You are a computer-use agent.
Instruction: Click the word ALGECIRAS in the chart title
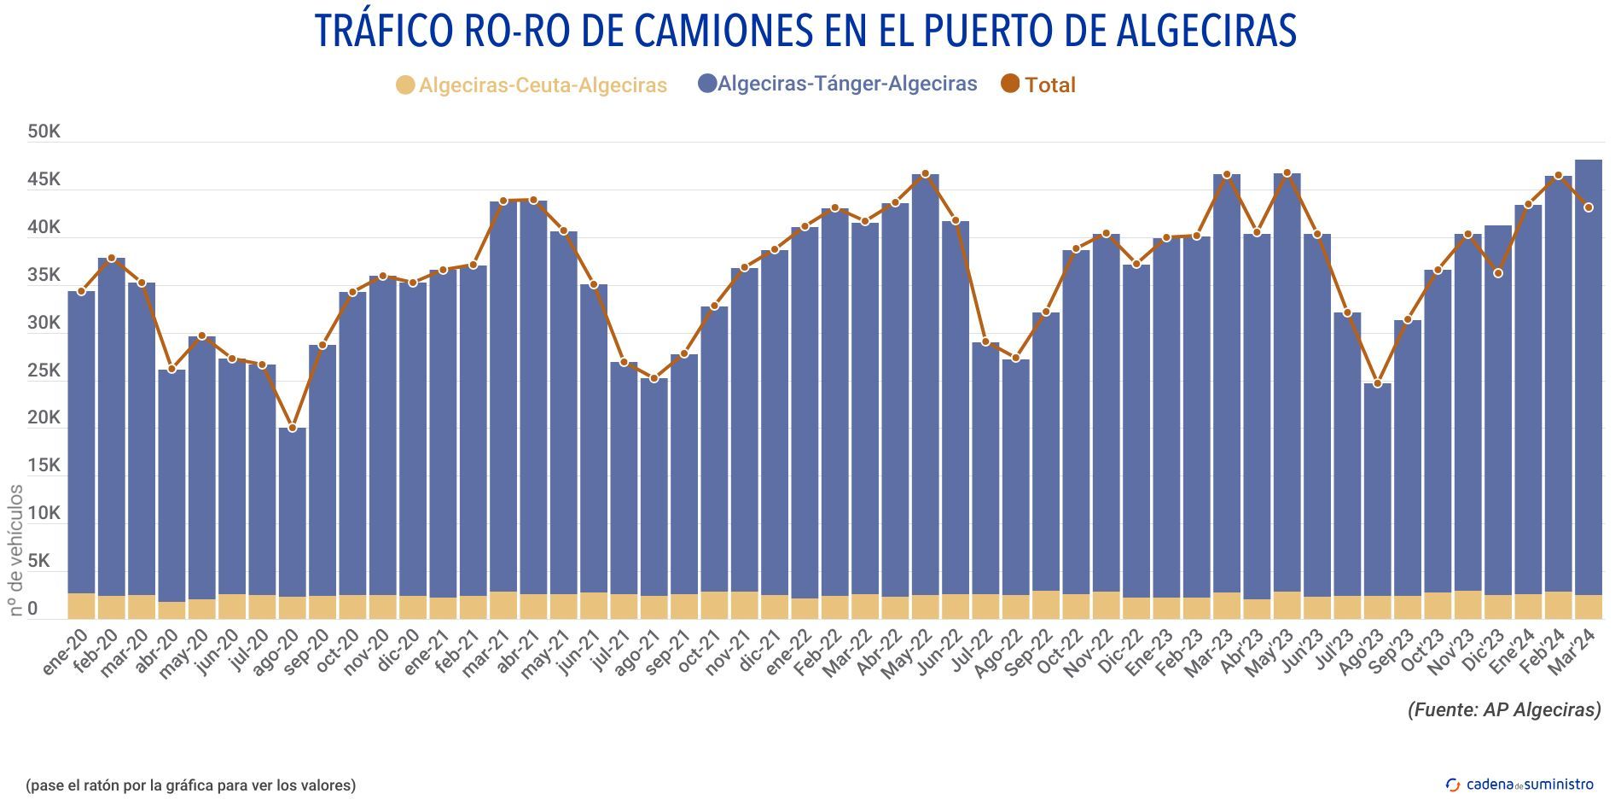[x=1206, y=31]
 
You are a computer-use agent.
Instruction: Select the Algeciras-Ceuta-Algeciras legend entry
[x=532, y=85]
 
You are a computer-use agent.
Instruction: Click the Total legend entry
[x=1038, y=85]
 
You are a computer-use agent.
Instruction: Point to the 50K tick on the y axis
[x=44, y=131]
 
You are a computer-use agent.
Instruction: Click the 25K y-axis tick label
[x=44, y=371]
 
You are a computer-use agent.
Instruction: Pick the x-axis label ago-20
[x=276, y=653]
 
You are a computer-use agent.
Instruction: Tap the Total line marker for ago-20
[x=292, y=428]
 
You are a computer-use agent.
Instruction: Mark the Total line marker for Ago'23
[x=1377, y=383]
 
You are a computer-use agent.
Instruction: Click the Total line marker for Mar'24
[x=1589, y=207]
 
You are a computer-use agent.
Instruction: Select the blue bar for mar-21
[x=503, y=393]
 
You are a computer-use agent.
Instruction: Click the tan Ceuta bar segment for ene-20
[x=81, y=605]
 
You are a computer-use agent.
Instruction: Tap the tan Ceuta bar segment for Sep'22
[x=1046, y=604]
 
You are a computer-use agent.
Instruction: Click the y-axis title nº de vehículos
[x=16, y=551]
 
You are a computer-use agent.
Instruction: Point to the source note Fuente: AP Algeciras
[x=1504, y=709]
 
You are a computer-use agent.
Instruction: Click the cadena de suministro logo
[x=1519, y=784]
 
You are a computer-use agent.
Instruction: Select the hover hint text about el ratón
[x=190, y=785]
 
